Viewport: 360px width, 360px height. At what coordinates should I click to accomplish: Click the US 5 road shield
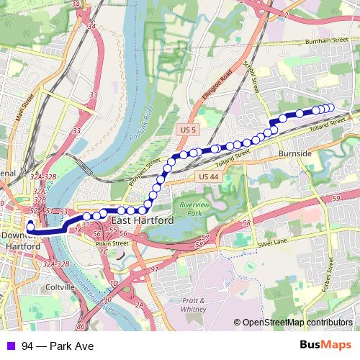click(x=189, y=128)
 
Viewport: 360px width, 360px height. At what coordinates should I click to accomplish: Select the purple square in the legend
click(x=9, y=346)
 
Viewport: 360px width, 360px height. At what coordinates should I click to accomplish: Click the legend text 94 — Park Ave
click(x=58, y=346)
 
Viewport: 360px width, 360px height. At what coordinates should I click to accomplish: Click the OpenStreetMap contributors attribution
click(x=297, y=323)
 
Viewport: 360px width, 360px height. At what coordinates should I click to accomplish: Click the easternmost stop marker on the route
click(x=331, y=108)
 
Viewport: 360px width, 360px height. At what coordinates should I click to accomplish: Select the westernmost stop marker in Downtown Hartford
click(x=30, y=228)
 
